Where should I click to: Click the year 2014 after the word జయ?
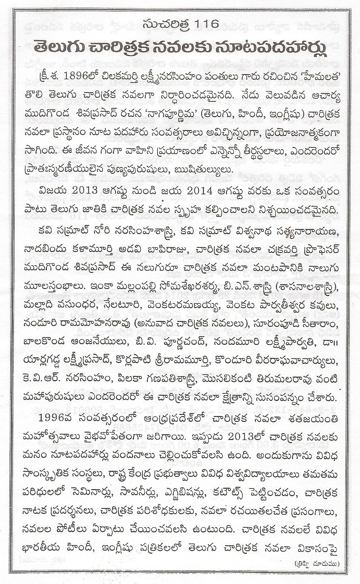(x=159, y=192)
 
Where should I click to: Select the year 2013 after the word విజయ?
(x=79, y=192)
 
